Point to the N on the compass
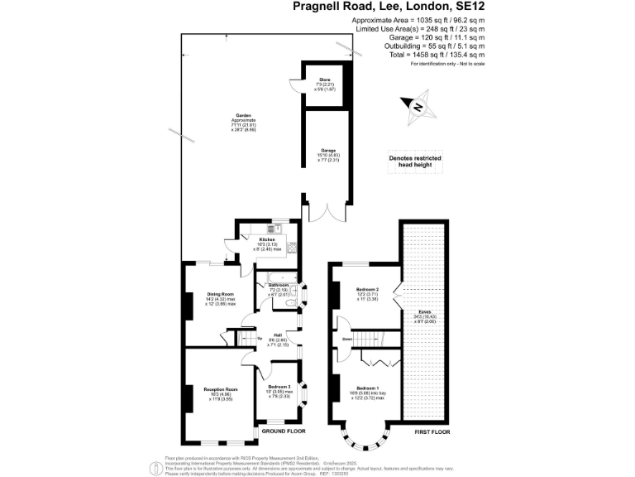pos(419,108)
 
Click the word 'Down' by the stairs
pos(347,339)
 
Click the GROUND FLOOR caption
pos(284,431)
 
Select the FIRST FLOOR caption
pos(436,431)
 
